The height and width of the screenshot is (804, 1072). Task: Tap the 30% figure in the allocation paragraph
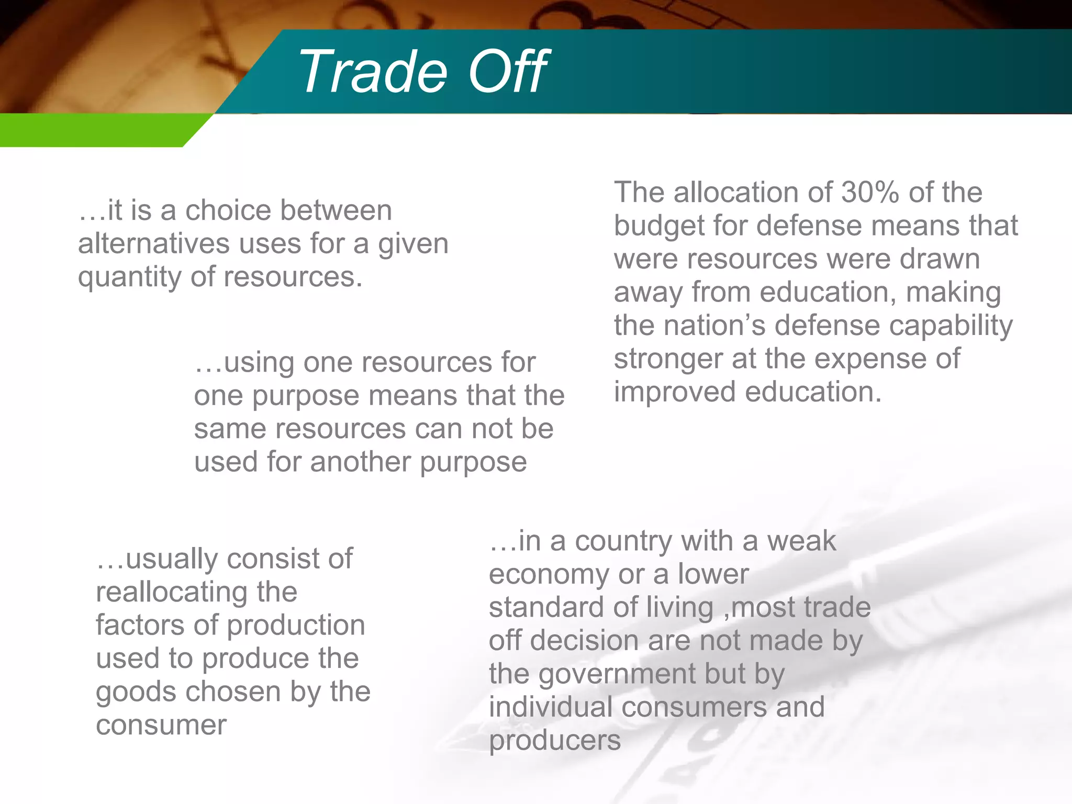(x=870, y=192)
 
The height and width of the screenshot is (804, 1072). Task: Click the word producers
(x=555, y=741)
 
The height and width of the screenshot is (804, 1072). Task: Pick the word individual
(x=550, y=707)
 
